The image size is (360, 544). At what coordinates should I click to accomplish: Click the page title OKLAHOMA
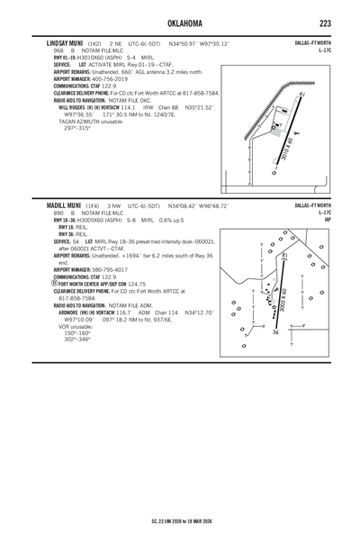[x=180, y=22]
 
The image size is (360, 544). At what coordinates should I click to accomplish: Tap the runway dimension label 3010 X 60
[x=287, y=149]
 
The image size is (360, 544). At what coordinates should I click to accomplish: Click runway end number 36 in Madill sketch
[x=275, y=333]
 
